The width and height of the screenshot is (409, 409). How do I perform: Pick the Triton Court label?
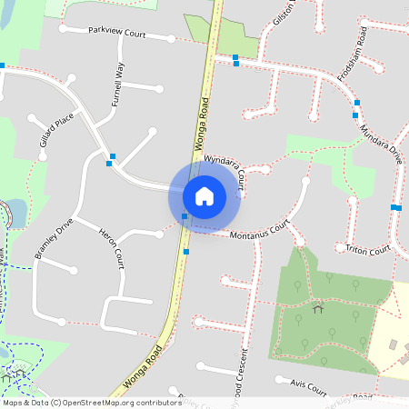tap(367, 248)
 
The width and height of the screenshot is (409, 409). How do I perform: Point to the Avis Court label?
tap(309, 386)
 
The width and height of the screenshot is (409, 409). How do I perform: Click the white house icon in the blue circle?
tap(204, 195)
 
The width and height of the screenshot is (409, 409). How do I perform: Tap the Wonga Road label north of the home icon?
tap(202, 125)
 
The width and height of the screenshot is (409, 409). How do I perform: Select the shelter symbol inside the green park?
tap(317, 309)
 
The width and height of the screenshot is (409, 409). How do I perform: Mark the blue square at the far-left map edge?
tap(3, 65)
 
